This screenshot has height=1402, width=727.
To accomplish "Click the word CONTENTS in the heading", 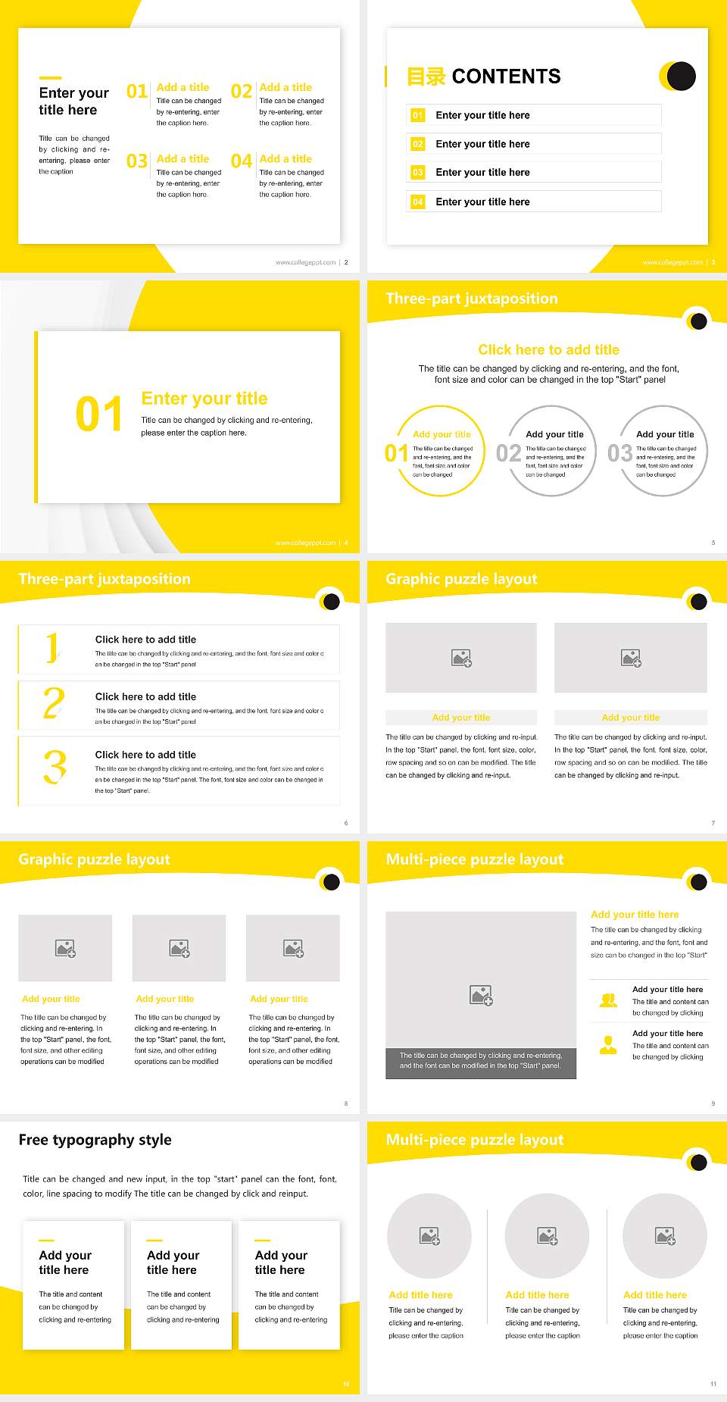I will pos(506,77).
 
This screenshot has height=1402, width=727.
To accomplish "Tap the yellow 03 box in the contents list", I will pos(418,173).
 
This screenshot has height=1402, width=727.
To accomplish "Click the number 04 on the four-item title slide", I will pos(242,161).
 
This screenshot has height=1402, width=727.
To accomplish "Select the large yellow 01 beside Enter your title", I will pos(99,415).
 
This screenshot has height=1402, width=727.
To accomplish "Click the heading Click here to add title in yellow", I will pos(548,349).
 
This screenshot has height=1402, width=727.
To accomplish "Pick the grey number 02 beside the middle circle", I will pos(508,453).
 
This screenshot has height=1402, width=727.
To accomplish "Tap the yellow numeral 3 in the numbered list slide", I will pos(55,767).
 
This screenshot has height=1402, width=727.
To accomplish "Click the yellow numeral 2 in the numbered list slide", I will pos(54,704).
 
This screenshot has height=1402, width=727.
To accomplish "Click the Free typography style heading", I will pos(95,1140).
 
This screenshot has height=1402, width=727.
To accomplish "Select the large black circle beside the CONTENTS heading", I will pos(682,76).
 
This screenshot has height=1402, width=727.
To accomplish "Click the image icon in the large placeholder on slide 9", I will pos(481,995).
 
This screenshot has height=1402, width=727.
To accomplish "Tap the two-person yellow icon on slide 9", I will pos(608,1000).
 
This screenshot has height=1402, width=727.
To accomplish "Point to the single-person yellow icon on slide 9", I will pos(608,1045).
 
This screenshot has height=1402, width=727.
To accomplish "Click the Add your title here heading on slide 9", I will pos(635,915).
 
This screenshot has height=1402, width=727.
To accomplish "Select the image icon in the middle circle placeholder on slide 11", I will pos(548,1236).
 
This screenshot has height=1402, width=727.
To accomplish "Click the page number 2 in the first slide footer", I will pos(346,262).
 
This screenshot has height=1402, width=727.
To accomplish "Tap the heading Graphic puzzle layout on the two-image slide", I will pos(461,579).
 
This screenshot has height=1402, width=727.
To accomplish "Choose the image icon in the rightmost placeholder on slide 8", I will pos(293,948).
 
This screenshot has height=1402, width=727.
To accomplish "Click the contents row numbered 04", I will pos(534,202).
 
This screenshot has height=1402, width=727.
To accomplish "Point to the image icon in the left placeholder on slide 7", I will pos(461,658).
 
